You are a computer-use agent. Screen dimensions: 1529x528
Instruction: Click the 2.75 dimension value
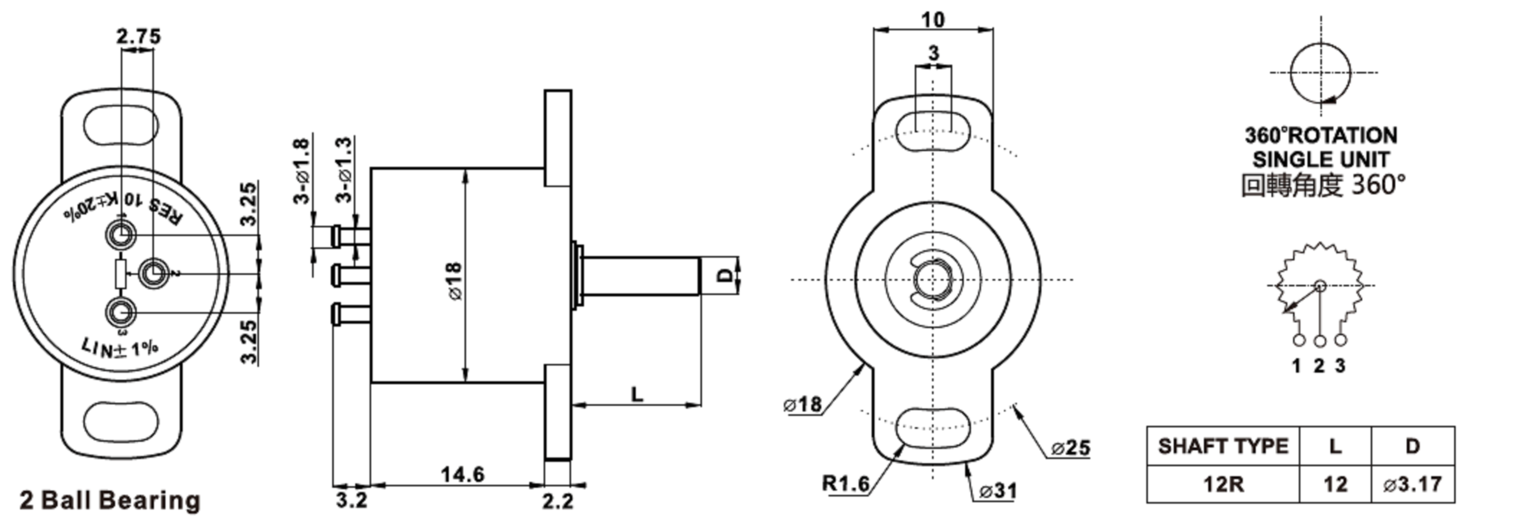[138, 36]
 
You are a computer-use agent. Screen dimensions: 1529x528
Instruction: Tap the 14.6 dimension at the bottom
[462, 474]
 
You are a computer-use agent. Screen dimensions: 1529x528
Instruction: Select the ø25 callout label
[1071, 448]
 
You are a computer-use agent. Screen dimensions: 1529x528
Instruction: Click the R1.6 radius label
[846, 483]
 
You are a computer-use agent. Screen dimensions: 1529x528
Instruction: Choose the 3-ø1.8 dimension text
[302, 170]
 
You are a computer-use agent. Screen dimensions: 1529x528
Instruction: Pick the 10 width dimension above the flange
[933, 20]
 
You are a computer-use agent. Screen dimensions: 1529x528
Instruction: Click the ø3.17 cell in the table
[1412, 484]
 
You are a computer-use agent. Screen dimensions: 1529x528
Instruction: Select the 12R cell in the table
[1223, 484]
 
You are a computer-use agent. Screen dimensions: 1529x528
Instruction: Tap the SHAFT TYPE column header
[1223, 446]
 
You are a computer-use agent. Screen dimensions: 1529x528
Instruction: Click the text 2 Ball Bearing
[110, 500]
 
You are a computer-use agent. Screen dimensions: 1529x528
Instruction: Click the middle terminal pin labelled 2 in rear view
[154, 274]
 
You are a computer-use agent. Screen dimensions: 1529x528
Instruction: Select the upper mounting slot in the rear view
[121, 127]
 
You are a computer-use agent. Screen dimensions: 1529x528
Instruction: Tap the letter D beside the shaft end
[725, 275]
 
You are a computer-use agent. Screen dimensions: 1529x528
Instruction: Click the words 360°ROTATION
[1321, 135]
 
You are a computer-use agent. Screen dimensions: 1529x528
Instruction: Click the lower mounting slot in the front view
[933, 425]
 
